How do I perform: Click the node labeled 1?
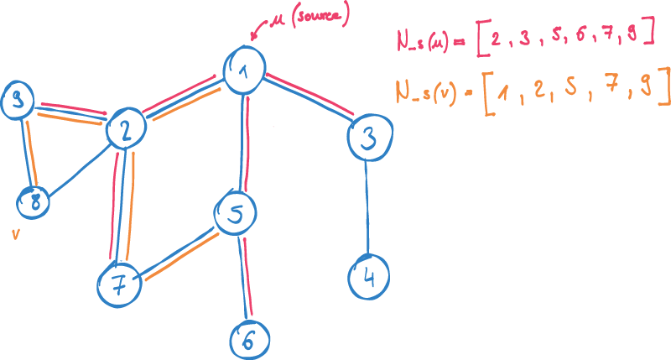[245, 70]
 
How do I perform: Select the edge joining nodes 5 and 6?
[244, 277]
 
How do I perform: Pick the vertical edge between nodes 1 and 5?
[242, 143]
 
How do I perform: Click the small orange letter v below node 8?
[15, 236]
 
